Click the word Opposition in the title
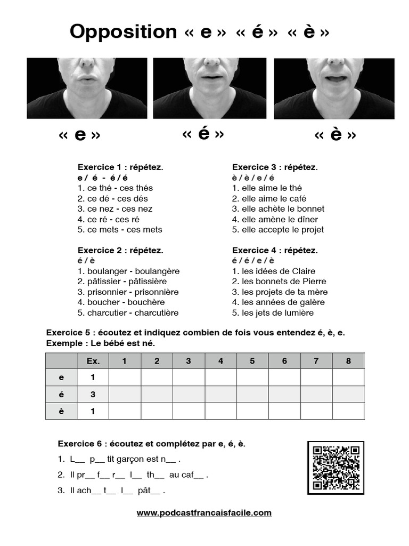click(123, 32)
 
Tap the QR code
click(336, 467)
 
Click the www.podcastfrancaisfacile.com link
click(204, 513)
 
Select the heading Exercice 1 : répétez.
click(120, 167)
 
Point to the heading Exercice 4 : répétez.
click(275, 251)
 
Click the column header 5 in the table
click(252, 361)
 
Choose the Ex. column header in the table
click(93, 361)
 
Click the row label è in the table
click(61, 411)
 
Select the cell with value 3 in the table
click(93, 395)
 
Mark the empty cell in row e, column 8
click(348, 378)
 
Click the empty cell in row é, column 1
click(125, 395)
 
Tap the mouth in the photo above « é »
click(211, 77)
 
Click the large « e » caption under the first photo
click(80, 135)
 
